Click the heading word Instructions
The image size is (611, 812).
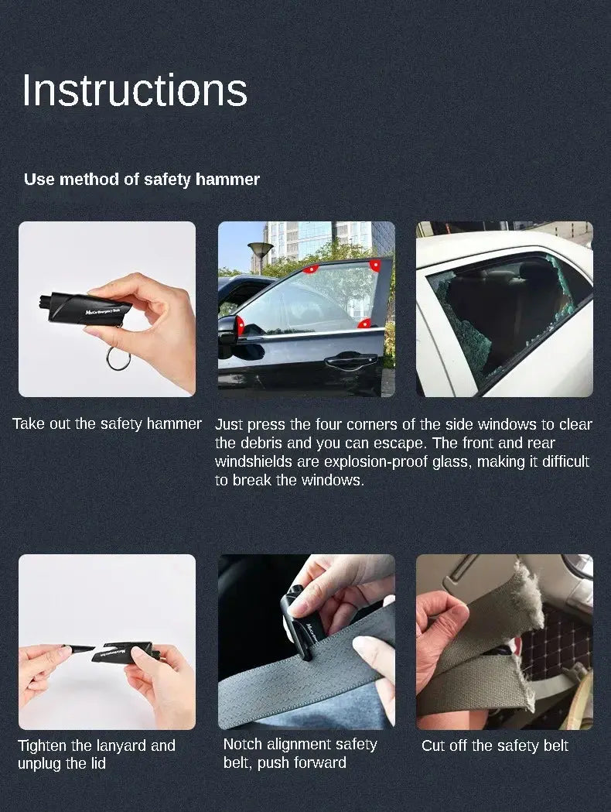[135, 91]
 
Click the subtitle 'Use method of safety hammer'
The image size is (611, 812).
[142, 180]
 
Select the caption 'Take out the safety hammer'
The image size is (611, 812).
[107, 424]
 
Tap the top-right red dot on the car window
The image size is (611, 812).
[374, 265]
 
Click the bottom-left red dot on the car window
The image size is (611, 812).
[241, 322]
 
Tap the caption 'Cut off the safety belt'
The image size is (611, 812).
[495, 746]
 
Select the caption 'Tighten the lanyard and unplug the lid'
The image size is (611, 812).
[97, 755]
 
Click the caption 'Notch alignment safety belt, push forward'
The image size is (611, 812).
[300, 753]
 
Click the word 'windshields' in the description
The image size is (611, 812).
[254, 462]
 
